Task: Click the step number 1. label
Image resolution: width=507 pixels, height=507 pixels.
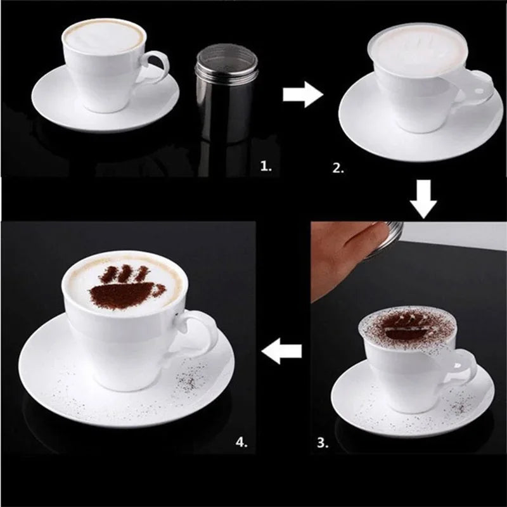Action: tap(267, 167)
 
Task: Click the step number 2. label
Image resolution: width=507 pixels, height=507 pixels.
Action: tap(340, 168)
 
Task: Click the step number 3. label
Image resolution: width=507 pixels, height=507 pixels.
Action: tap(323, 443)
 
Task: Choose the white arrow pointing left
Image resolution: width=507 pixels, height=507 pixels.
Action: tap(282, 350)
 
